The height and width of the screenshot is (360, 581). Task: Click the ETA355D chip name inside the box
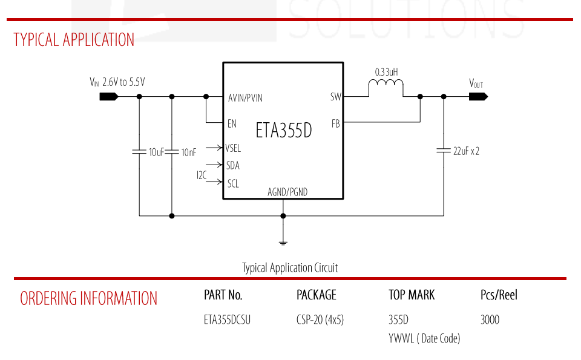284,130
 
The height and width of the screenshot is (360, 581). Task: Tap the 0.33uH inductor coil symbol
386,83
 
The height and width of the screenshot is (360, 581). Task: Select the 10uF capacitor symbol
139,152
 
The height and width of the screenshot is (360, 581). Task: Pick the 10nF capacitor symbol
171,152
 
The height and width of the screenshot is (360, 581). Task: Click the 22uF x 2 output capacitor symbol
444,151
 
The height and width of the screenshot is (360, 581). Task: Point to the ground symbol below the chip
283,243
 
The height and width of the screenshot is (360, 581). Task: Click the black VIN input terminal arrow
109,97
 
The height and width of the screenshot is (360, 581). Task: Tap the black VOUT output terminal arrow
478,97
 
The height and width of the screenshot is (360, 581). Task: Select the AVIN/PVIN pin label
245,98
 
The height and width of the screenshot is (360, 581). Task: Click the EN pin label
232,123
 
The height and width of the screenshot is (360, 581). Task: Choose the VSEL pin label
233,148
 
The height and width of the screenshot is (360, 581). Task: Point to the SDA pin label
233,166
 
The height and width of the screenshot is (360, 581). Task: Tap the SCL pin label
233,183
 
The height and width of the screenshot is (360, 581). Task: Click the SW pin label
336,97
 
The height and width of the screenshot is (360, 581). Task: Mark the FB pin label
336,123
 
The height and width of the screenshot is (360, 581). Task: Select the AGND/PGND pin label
287,192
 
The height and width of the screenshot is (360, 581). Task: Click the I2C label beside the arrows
202,175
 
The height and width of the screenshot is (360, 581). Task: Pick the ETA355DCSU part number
227,319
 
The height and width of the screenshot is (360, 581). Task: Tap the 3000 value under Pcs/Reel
490,319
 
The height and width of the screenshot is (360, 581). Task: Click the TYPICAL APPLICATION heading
74,40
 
